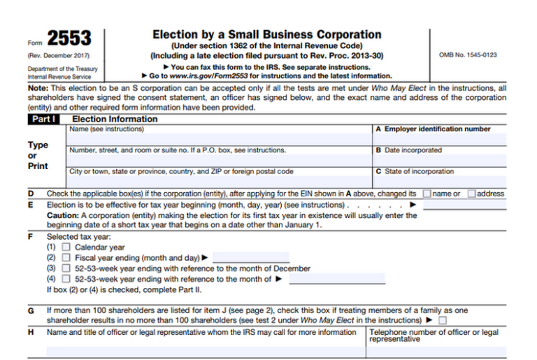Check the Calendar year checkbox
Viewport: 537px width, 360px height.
(x=66, y=247)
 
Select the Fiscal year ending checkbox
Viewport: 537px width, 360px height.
(x=66, y=257)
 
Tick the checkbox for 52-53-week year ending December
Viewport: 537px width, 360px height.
(x=66, y=268)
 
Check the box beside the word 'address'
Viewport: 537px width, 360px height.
(x=471, y=194)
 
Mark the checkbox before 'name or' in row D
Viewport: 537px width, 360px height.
(x=427, y=194)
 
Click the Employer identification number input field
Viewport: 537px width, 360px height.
(x=440, y=139)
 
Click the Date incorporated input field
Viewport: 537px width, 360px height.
(x=440, y=160)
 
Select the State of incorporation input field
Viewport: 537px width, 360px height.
(x=440, y=181)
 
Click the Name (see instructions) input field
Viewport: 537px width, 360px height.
(x=220, y=139)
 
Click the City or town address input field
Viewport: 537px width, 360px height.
(x=220, y=181)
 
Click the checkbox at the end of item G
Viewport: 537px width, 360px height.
(x=442, y=320)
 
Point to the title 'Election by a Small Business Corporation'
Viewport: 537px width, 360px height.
(x=266, y=34)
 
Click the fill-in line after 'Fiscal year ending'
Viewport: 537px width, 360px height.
(x=250, y=258)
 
